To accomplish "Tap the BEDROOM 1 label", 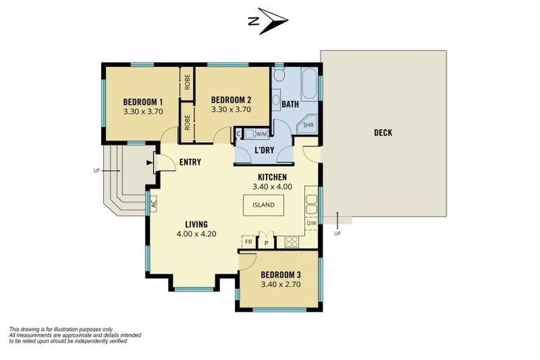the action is (143, 102).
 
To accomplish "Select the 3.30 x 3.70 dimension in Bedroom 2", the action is (231, 110).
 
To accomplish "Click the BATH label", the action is (290, 104).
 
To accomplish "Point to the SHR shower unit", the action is (308, 124).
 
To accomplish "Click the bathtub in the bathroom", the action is (309, 84).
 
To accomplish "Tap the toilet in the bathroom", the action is (279, 74).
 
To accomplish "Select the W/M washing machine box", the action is (262, 134).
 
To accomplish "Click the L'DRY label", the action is (264, 150).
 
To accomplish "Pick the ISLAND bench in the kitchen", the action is (264, 205).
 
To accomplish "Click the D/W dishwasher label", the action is (311, 223).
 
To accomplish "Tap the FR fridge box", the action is (248, 241).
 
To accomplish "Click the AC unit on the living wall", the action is (153, 204).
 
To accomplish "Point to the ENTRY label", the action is (190, 162).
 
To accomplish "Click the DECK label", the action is (383, 133).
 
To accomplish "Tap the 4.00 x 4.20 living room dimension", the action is (196, 234).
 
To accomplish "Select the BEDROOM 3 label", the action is (281, 274).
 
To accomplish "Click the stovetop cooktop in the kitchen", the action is (291, 242).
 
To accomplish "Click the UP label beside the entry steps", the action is (96, 171).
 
